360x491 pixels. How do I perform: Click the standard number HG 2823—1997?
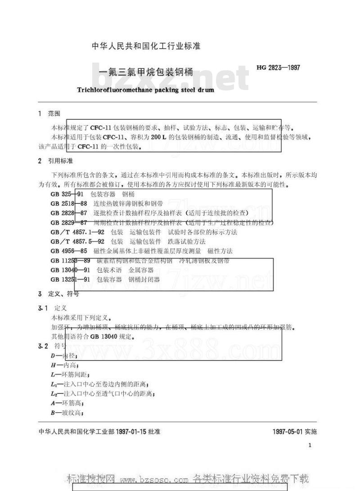tap(278, 68)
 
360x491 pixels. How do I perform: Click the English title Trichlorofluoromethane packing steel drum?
tap(145, 90)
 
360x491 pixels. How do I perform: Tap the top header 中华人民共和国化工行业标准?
tap(146, 46)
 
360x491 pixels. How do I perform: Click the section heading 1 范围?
tap(49, 114)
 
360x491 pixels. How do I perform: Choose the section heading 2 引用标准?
tap(55, 161)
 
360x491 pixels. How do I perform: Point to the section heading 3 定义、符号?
tap(58, 294)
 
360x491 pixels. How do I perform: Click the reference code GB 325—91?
tap(68, 194)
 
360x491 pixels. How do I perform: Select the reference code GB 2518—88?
tap(69, 203)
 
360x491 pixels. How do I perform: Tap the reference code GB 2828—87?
tap(69, 213)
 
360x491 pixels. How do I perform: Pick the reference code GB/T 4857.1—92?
tap(77, 232)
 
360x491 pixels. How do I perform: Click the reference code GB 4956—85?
tap(69, 251)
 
